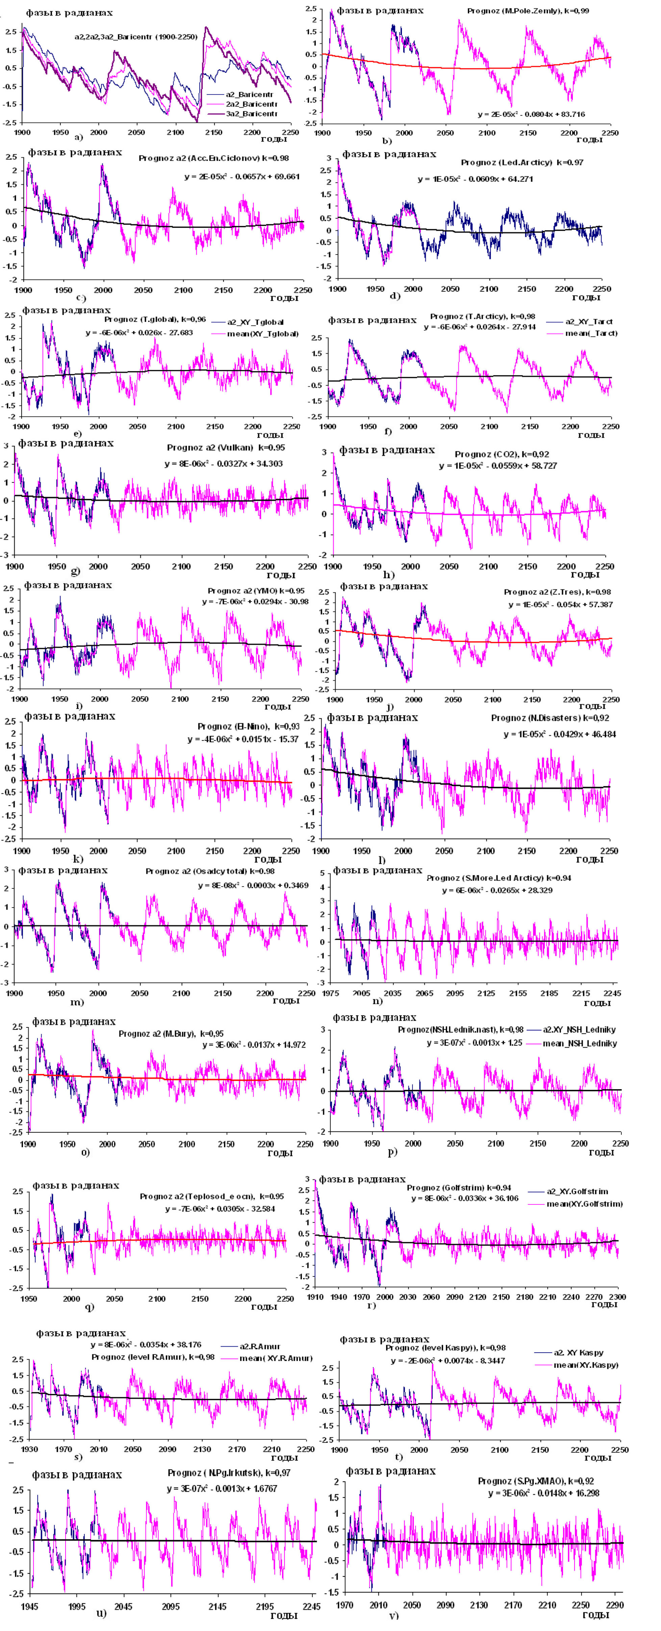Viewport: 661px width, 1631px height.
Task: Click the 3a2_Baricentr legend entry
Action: [x=251, y=114]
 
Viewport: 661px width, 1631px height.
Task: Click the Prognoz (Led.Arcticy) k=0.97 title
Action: [x=522, y=163]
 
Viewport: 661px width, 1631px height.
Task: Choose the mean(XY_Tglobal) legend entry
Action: [x=263, y=334]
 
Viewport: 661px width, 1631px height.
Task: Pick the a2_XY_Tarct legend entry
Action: [x=589, y=322]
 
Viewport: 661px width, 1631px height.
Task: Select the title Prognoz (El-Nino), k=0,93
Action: [x=248, y=726]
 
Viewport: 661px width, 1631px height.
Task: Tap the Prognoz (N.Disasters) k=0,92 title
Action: [x=550, y=718]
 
